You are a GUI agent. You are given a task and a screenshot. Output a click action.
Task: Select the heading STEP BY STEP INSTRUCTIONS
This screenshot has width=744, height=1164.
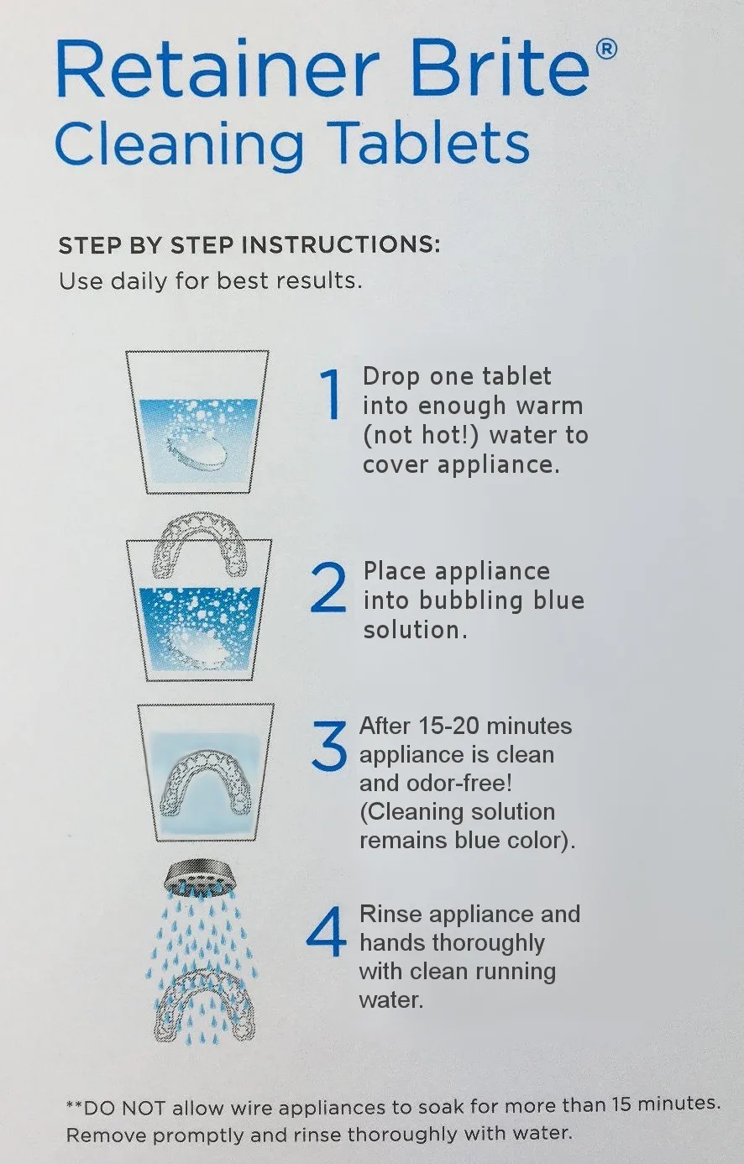pyautogui.click(x=249, y=244)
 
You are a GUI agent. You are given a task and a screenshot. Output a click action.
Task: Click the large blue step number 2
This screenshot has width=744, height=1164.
pyautogui.click(x=328, y=587)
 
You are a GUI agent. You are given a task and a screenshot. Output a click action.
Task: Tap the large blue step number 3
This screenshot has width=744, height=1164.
pyautogui.click(x=329, y=747)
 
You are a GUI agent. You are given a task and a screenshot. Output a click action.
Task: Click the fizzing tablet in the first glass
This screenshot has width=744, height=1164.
pyautogui.click(x=198, y=446)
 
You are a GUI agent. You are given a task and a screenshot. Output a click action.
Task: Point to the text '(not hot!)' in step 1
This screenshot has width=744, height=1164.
pyautogui.click(x=420, y=435)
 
